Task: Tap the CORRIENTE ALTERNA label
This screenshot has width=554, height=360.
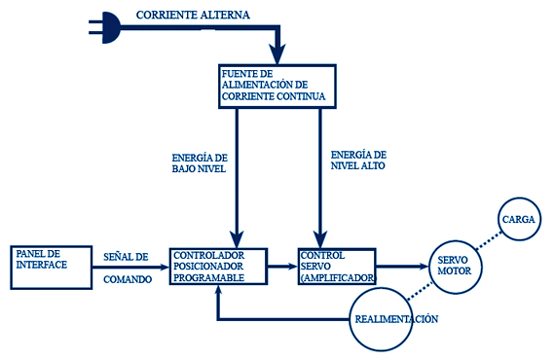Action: click(x=193, y=16)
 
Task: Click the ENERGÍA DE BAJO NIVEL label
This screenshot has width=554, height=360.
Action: click(x=200, y=163)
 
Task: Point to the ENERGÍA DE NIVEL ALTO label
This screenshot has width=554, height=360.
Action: click(x=358, y=161)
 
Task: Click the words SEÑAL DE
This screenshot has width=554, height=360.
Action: click(x=126, y=257)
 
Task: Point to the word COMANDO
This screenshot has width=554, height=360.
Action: click(x=128, y=279)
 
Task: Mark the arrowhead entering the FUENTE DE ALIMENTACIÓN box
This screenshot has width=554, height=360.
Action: click(x=277, y=54)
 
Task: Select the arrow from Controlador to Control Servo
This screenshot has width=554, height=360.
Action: click(x=282, y=267)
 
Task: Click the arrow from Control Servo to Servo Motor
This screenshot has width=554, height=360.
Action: click(x=402, y=267)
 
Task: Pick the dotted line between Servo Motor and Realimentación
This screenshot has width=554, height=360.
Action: click(x=420, y=291)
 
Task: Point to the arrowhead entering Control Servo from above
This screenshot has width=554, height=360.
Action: click(x=320, y=239)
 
